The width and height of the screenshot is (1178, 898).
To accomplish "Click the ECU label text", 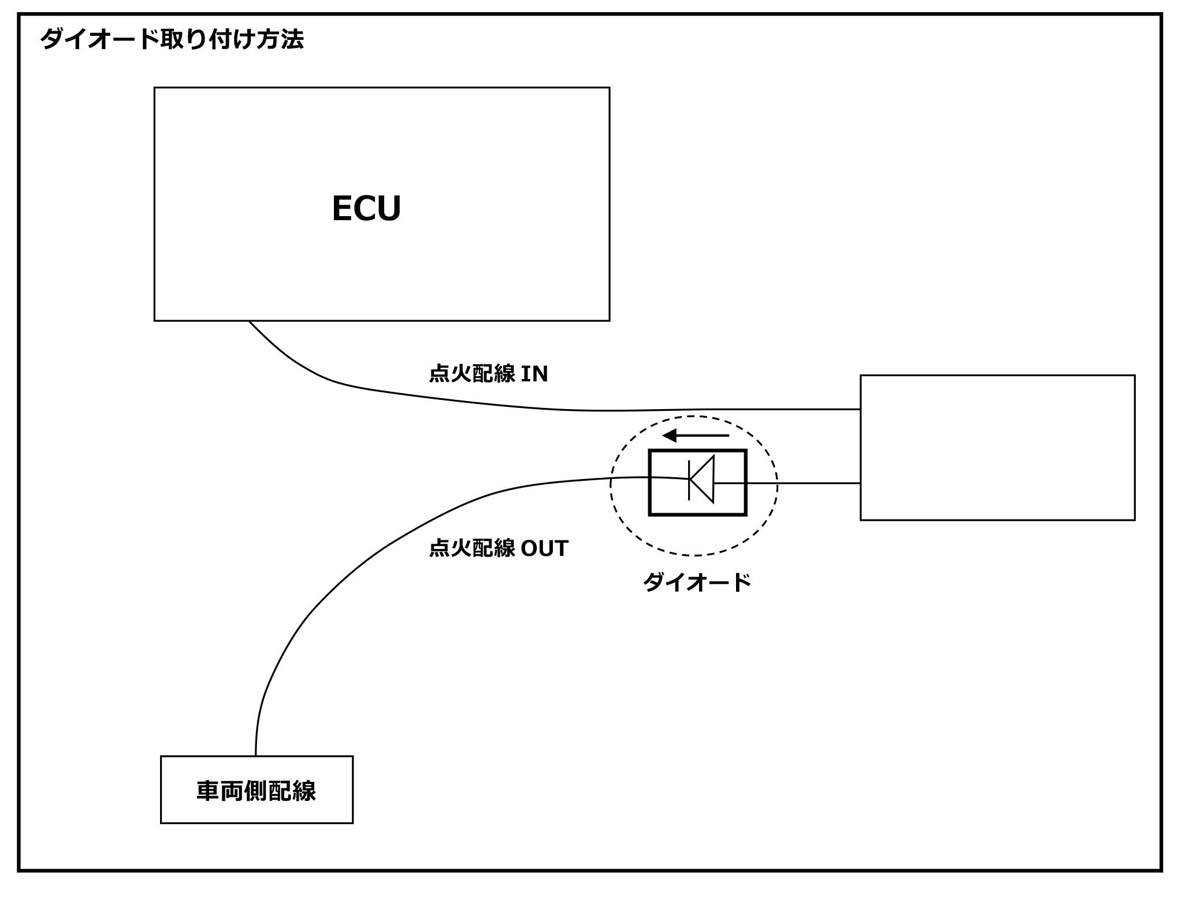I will (366, 209).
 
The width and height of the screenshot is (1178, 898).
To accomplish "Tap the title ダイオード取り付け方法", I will (172, 40).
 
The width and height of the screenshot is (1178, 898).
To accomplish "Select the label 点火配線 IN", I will (488, 374).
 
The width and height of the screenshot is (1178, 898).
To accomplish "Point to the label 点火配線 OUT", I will (499, 548).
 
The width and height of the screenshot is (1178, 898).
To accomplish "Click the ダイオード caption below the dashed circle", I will (697, 582).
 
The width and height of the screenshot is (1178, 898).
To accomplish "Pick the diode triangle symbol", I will (703, 479).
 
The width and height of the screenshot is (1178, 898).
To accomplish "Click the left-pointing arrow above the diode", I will (696, 436).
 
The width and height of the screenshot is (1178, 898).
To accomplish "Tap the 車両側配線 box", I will (257, 789).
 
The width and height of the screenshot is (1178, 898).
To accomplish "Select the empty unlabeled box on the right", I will (997, 448).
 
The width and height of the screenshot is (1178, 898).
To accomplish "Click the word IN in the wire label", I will (534, 374).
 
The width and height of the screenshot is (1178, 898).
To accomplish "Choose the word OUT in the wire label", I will (545, 548).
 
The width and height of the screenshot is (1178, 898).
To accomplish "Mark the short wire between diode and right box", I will (803, 483).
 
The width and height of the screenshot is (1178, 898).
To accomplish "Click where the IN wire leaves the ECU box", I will (250, 322).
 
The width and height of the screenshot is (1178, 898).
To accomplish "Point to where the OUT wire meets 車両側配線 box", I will (255, 755).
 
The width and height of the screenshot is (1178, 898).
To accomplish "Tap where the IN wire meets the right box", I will (860, 409).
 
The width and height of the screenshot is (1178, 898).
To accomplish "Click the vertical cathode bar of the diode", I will (689, 479).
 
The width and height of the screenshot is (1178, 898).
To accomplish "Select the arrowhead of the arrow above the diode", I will (670, 436).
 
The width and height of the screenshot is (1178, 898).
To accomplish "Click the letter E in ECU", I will (342, 209).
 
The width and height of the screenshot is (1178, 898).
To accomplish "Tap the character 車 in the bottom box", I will (208, 791).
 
